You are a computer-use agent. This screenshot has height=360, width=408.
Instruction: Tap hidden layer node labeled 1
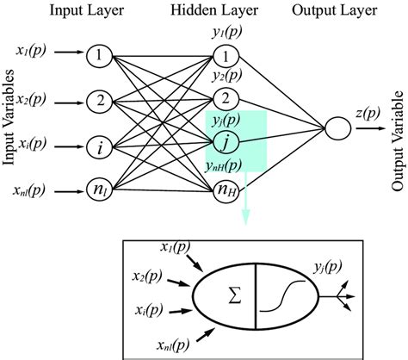coord(226,58)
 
